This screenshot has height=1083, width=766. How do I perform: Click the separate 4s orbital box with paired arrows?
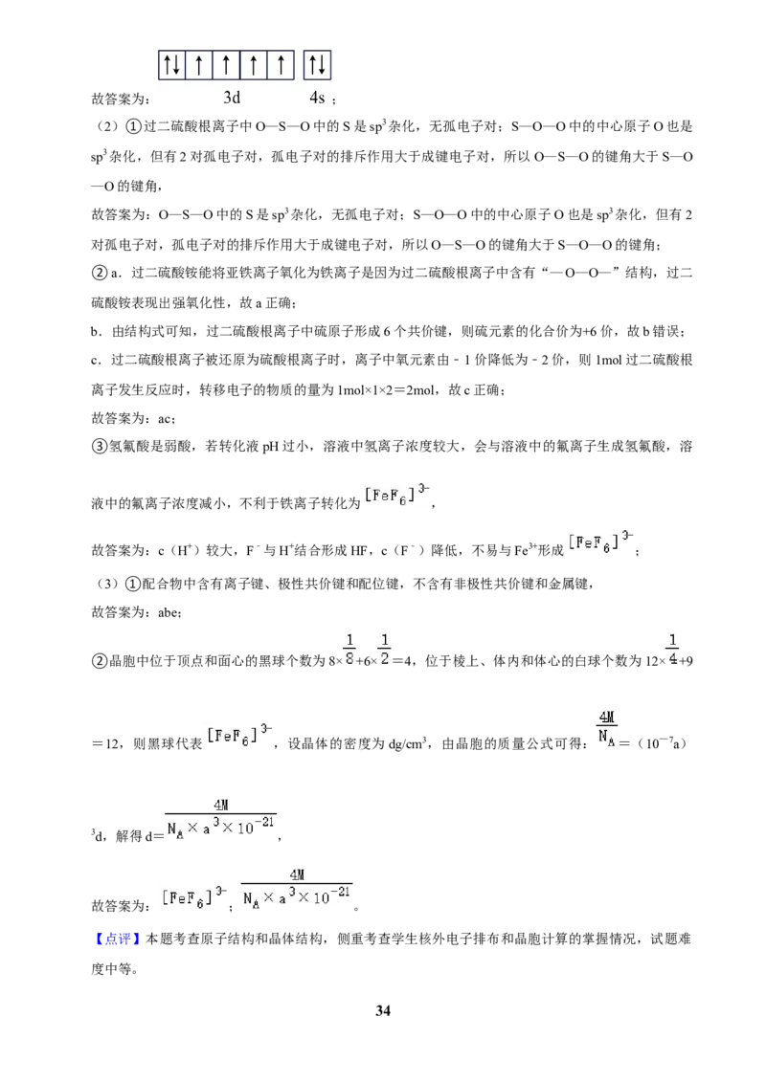[317, 66]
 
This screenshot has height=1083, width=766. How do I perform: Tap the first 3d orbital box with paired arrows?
[172, 66]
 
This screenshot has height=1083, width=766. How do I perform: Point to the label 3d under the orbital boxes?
[232, 98]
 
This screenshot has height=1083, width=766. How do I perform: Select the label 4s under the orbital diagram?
[317, 98]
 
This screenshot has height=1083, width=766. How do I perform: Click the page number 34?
[382, 1010]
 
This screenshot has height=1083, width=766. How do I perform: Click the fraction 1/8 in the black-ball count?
[349, 650]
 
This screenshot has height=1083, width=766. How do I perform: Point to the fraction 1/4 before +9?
[673, 650]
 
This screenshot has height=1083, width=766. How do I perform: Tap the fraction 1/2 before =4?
[384, 650]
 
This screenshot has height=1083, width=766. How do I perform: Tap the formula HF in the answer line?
[359, 550]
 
